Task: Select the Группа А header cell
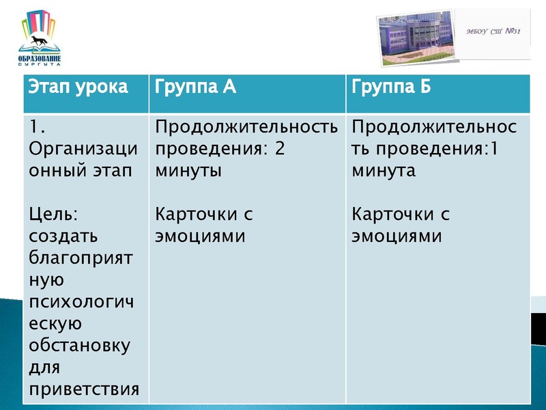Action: point(196,87)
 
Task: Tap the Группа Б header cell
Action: point(392,87)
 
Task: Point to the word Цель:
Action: point(55,215)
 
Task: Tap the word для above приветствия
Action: point(45,368)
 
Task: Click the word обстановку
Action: point(80,346)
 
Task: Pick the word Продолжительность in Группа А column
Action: point(246,127)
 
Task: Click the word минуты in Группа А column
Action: point(188,171)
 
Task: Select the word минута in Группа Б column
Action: point(384,171)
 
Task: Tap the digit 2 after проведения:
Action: point(279,149)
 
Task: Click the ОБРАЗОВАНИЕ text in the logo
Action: point(39,59)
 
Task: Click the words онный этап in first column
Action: point(79,171)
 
